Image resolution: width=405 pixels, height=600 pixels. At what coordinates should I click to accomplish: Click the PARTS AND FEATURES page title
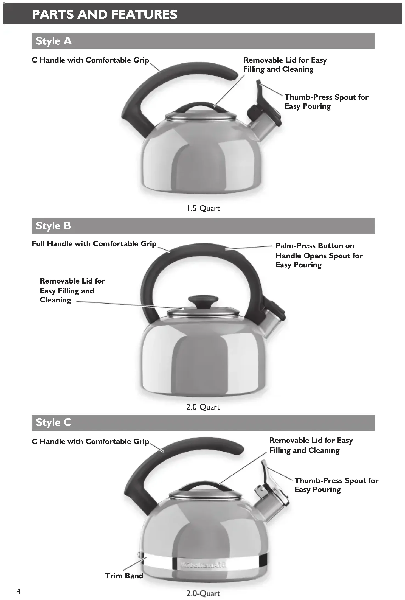[105, 14]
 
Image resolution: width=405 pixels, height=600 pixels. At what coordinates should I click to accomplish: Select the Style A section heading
[54, 41]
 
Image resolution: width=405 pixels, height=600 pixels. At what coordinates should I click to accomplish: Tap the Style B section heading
[54, 226]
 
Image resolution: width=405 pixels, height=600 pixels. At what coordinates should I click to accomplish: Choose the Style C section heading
[54, 422]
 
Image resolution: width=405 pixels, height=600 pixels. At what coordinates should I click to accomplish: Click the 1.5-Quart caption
[203, 209]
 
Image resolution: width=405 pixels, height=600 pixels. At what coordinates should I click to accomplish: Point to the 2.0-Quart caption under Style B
[203, 407]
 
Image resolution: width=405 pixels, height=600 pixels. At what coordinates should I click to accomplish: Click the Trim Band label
[124, 576]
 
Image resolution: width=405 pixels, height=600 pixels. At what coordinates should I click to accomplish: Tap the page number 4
[18, 591]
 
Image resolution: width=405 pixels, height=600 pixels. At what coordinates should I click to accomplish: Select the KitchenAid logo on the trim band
[203, 565]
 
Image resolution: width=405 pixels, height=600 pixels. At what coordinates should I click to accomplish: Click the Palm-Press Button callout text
[319, 255]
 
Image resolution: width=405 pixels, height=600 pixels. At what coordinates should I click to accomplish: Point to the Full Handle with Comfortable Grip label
[94, 244]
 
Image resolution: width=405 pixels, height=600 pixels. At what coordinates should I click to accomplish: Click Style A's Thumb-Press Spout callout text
[326, 102]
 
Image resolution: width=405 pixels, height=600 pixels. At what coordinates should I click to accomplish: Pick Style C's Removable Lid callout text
[311, 445]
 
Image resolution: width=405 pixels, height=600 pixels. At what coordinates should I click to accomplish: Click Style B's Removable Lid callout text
[72, 290]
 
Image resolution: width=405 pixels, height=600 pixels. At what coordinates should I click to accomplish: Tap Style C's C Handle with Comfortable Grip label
[90, 441]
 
